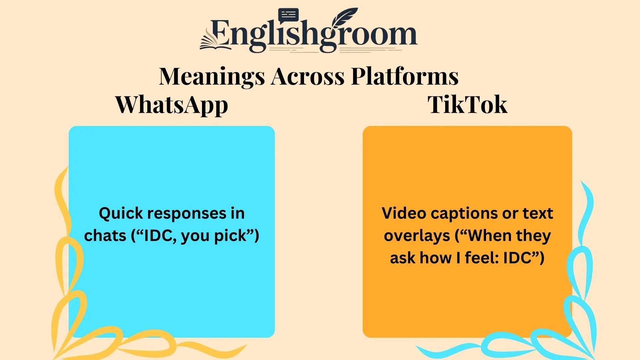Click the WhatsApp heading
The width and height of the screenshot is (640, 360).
tap(172, 105)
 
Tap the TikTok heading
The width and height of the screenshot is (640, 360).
tap(467, 105)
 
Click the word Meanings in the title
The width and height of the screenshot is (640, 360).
tap(212, 76)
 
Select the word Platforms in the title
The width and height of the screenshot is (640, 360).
tap(405, 76)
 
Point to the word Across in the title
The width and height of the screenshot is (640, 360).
tap(308, 76)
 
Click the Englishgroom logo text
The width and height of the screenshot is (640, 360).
tap(313, 35)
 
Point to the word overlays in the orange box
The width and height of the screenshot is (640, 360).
tap(417, 236)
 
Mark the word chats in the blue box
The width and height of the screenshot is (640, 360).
tap(105, 236)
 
